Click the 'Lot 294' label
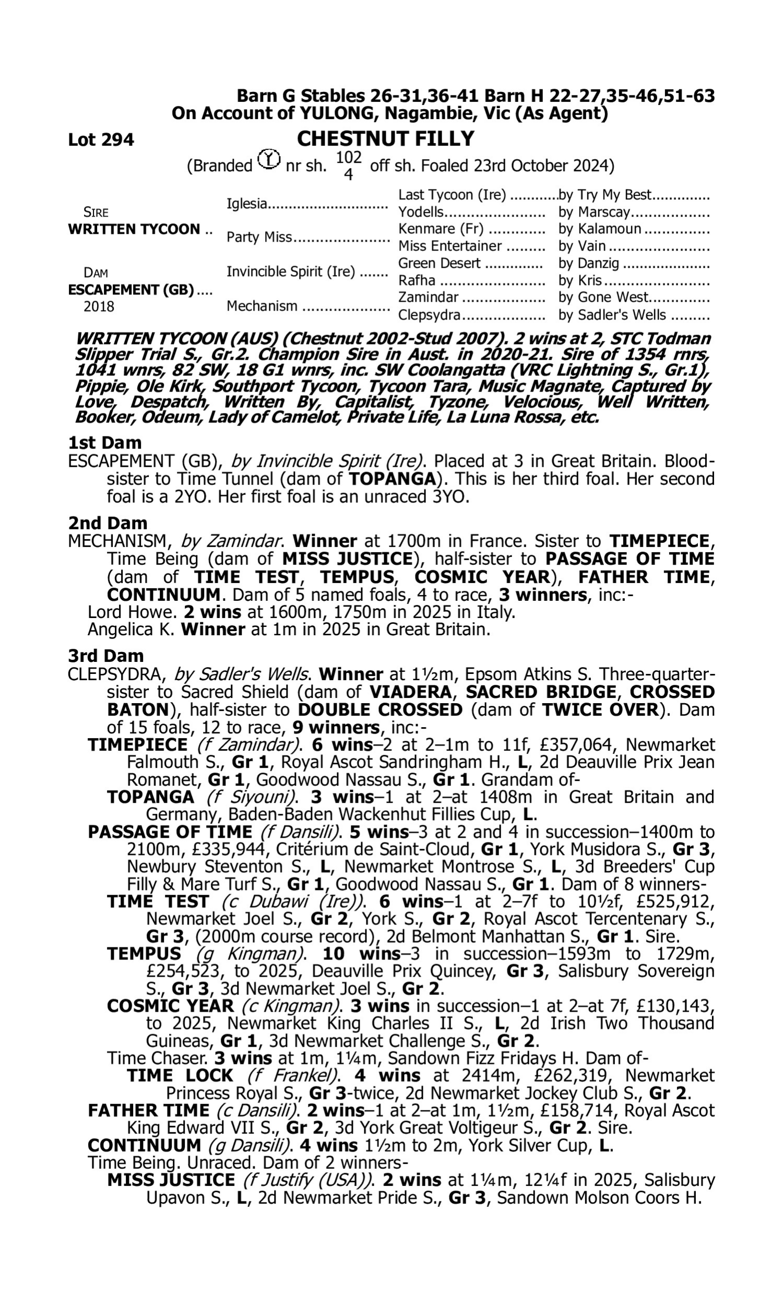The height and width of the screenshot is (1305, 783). [x=101, y=140]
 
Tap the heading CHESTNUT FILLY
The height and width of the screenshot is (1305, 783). [x=385, y=139]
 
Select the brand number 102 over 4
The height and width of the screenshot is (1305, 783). [x=349, y=165]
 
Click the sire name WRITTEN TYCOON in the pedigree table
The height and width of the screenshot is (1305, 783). [x=134, y=230]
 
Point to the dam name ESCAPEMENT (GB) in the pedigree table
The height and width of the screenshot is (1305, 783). [x=131, y=290]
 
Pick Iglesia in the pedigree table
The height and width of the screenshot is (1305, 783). [x=246, y=204]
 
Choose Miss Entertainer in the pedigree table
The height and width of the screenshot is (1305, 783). [x=449, y=246]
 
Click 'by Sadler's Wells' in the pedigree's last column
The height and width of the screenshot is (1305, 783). [x=612, y=315]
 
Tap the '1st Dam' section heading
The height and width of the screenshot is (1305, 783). [x=105, y=443]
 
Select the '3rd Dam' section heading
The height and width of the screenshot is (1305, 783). [x=105, y=656]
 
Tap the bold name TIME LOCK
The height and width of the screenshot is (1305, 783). [x=180, y=1075]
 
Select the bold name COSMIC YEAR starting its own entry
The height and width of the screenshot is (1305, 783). [x=170, y=1006]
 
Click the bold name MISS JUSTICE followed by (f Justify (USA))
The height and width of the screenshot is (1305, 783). [x=171, y=1180]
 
